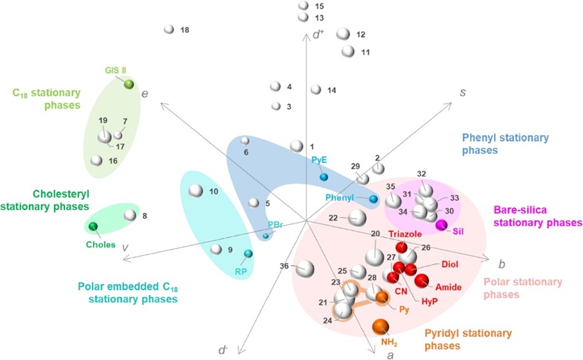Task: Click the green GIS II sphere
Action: click(x=129, y=85)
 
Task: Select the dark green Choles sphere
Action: click(x=93, y=228)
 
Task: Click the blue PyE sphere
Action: click(x=323, y=177)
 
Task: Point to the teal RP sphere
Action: click(x=248, y=254)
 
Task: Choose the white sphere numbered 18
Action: click(x=169, y=29)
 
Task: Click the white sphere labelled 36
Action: click(x=306, y=268)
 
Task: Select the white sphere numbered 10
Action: click(x=196, y=191)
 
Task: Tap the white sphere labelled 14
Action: click(x=316, y=90)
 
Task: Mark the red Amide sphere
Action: click(x=422, y=281)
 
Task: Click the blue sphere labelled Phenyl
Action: click(x=373, y=199)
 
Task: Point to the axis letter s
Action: click(x=464, y=91)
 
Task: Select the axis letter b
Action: click(x=501, y=265)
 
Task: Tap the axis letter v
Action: click(x=125, y=247)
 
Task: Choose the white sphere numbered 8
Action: click(x=129, y=215)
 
